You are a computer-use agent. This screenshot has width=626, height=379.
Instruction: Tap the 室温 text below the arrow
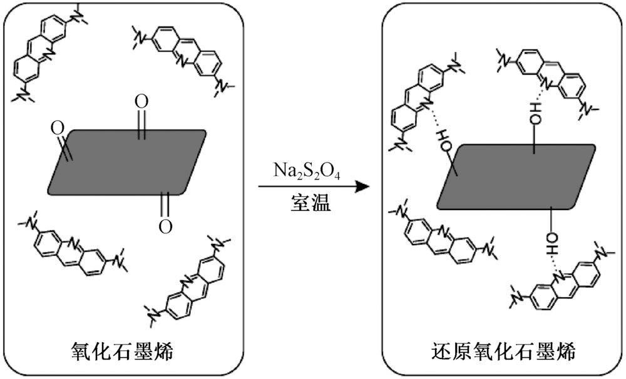coord(310,202)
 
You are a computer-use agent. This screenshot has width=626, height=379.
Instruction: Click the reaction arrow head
coord(358,186)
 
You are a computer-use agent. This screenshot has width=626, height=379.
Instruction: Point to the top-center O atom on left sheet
coord(142,102)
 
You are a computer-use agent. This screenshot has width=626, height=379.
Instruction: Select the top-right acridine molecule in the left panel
coord(182,59)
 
